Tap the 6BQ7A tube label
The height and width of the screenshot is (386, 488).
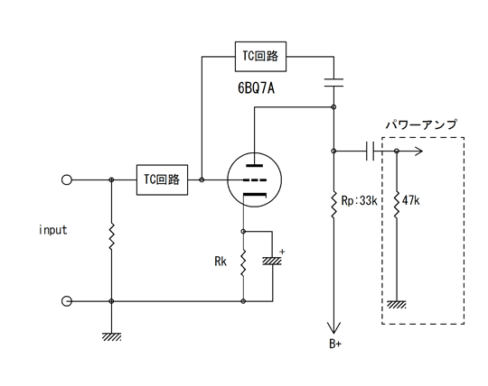point(256,88)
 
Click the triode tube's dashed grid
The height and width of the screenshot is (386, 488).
point(255,180)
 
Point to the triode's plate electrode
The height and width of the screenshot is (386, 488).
point(255,166)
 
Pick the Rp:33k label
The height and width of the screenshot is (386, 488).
point(359,200)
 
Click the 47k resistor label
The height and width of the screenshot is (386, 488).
point(411,200)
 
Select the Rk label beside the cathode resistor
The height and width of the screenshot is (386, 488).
point(221,262)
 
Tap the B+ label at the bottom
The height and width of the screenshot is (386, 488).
point(335,344)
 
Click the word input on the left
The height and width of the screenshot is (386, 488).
point(53,230)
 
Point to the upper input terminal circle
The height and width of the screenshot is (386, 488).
point(67,179)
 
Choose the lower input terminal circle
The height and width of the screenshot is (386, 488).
point(67,301)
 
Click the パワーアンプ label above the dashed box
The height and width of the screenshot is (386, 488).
point(421,124)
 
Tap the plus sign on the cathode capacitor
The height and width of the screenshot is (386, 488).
point(282,252)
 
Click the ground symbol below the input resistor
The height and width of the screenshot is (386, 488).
point(111,337)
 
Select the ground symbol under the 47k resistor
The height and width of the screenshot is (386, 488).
point(397,305)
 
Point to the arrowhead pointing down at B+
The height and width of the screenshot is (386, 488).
point(333,328)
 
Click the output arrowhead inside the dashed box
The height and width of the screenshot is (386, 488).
point(418,152)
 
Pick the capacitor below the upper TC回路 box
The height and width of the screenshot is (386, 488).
point(333,83)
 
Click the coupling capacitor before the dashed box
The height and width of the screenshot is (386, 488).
point(370,152)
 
